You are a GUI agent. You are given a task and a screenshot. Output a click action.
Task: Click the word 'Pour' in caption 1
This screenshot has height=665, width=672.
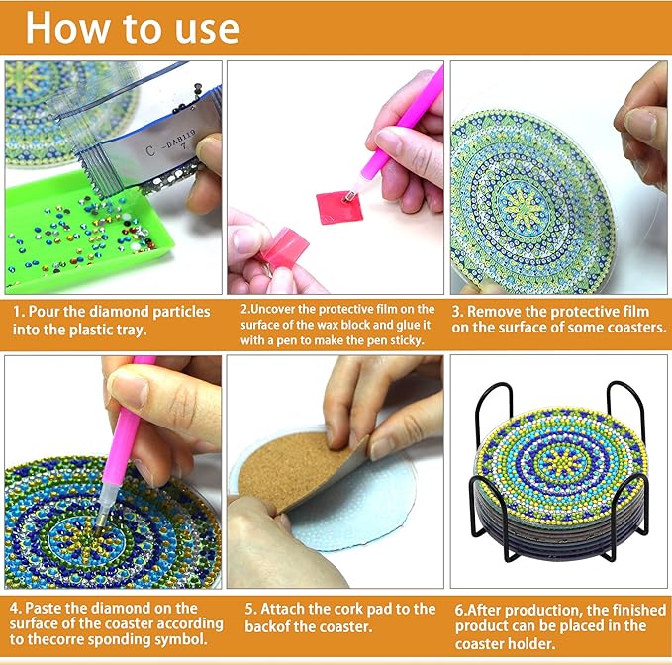point(56,312)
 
